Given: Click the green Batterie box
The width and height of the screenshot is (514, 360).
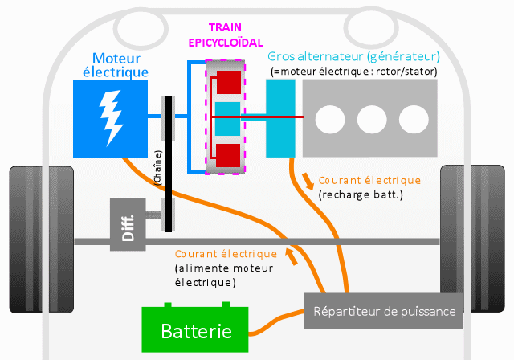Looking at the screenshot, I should click(x=196, y=330).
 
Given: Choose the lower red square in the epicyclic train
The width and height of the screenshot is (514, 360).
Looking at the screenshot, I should click(x=230, y=153).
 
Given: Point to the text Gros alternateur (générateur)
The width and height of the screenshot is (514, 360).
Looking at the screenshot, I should click(x=353, y=57).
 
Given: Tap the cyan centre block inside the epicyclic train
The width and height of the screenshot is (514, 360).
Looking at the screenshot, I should click(x=228, y=117).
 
